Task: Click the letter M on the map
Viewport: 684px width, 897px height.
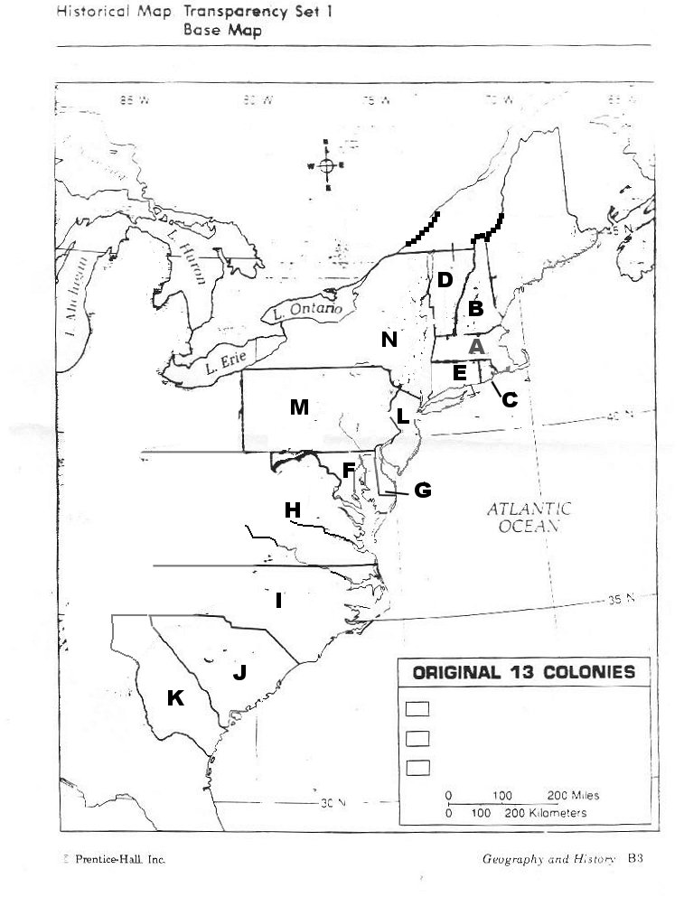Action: [299, 407]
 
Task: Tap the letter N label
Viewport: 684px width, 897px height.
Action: [389, 340]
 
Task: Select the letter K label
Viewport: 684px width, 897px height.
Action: [175, 697]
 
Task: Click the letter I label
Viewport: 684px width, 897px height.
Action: [279, 600]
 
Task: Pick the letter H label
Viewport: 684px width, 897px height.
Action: [292, 510]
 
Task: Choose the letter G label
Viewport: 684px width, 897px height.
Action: [422, 491]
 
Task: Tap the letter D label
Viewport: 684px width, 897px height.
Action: [444, 280]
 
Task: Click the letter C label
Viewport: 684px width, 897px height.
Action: [509, 399]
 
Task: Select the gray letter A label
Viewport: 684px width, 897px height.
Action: [477, 346]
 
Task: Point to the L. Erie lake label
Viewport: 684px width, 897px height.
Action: [220, 366]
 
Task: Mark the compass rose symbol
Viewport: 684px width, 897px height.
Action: [327, 165]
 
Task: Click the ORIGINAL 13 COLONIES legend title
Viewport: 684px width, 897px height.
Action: [523, 673]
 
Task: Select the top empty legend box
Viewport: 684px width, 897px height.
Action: [417, 709]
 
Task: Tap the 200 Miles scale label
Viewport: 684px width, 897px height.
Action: [573, 796]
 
